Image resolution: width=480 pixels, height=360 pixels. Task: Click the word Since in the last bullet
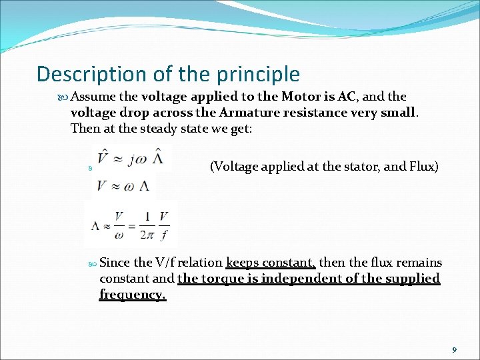tap(115, 263)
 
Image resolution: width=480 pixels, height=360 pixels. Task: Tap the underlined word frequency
tap(132, 295)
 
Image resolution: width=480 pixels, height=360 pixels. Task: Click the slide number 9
tap(454, 350)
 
